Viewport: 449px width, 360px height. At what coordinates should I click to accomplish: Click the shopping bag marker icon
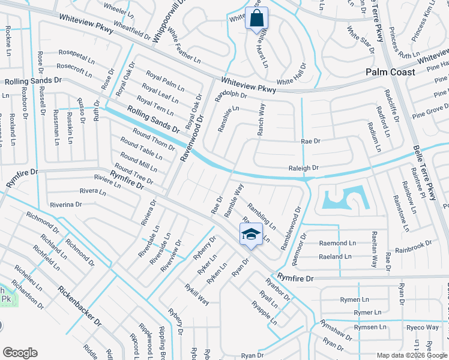pyautogui.click(x=257, y=19)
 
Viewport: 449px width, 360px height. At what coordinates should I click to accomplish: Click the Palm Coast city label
pyautogui.click(x=391, y=72)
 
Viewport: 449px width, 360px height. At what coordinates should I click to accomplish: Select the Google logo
pyautogui.click(x=20, y=353)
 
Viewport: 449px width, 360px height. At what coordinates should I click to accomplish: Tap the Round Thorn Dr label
pyautogui.click(x=154, y=139)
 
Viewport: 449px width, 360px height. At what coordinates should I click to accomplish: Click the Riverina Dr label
pyautogui.click(x=65, y=205)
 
